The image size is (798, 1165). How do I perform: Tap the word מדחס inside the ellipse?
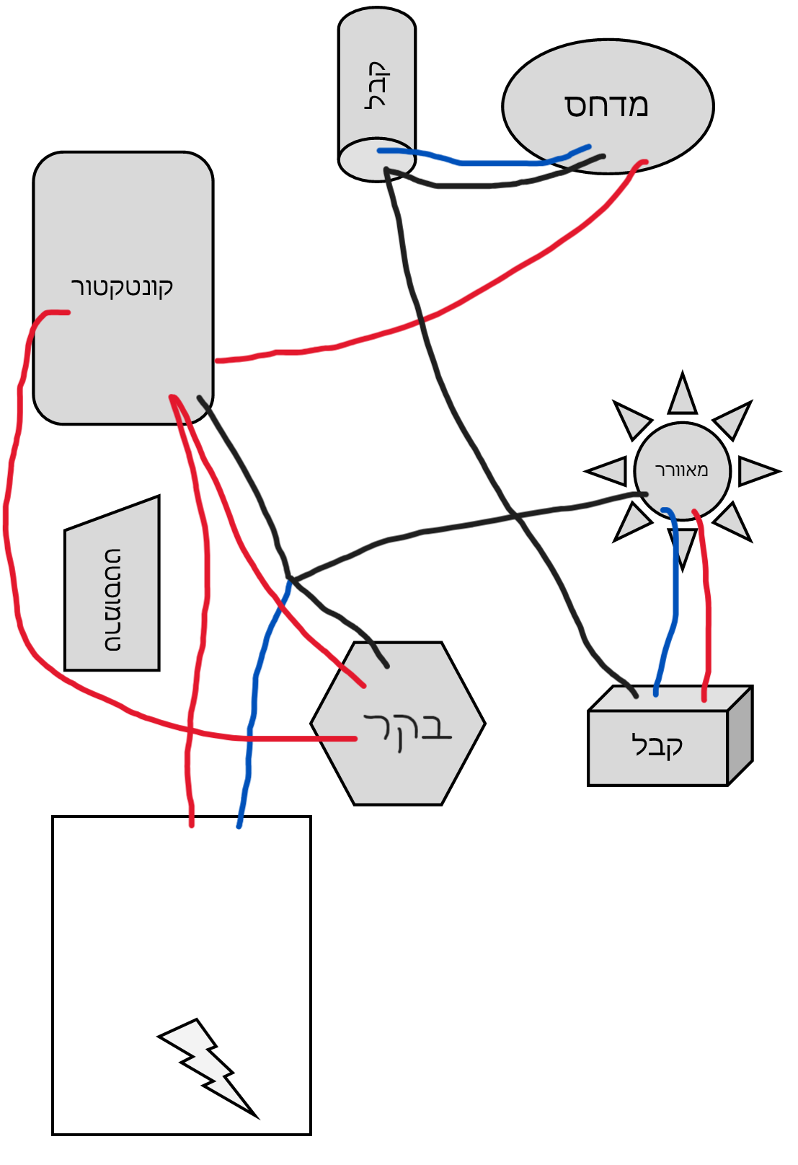point(606,105)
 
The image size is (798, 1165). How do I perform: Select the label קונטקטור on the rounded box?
point(122,286)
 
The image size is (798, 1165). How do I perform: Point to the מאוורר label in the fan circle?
point(681,470)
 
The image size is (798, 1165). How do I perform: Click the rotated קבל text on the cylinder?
point(378,85)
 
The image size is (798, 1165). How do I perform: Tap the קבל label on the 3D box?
point(657,745)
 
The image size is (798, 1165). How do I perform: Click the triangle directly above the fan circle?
point(682,395)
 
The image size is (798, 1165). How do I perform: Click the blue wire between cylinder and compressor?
point(490,163)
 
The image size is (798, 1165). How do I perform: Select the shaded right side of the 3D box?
point(740,736)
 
